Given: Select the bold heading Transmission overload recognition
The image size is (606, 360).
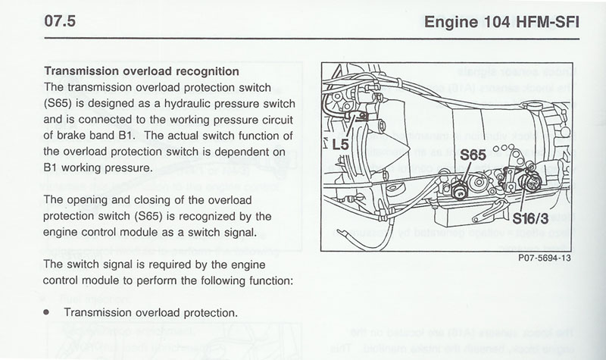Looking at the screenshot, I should click(x=142, y=71).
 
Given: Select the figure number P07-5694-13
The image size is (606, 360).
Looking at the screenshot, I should click(x=544, y=258).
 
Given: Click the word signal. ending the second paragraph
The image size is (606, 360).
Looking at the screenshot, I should click(x=242, y=232).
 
